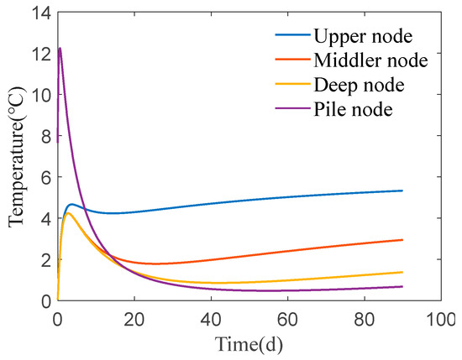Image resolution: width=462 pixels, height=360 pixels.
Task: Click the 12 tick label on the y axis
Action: [x=39, y=54]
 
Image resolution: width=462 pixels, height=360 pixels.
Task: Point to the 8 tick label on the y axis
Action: [x=45, y=136]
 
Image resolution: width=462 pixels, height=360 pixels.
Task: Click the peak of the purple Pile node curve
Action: [x=60, y=49]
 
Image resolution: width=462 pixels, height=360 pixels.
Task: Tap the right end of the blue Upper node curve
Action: [x=402, y=190]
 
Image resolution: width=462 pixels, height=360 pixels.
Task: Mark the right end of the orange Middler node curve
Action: [x=402, y=240]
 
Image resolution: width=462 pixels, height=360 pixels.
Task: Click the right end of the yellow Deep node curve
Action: [x=402, y=272]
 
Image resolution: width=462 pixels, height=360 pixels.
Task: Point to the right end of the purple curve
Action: [x=402, y=286]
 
